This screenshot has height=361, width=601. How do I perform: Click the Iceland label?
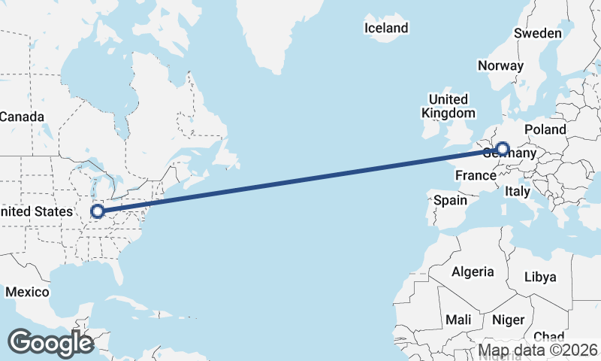[386, 29]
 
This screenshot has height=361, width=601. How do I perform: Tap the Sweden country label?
[537, 33]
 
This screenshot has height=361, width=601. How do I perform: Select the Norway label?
[500, 65]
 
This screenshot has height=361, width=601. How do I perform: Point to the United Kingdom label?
[448, 106]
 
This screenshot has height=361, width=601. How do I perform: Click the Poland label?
[545, 129]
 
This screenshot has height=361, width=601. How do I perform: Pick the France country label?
[476, 176]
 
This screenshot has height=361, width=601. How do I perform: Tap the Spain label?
[451, 200]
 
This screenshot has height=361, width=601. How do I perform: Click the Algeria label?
[473, 272]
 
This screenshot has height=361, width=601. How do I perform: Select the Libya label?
[540, 277]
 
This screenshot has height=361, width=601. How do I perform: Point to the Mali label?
[458, 320]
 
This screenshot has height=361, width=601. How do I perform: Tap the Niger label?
[508, 320]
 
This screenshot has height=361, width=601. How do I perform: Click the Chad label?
[548, 336]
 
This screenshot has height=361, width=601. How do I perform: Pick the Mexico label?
[27, 291]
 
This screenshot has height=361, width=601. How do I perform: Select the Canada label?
[22, 117]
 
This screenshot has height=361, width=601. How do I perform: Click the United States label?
[36, 212]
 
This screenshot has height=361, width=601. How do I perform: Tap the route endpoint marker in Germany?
[503, 149]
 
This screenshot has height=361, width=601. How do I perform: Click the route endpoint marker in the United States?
[97, 211]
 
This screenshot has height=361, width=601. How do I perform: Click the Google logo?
[50, 343]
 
